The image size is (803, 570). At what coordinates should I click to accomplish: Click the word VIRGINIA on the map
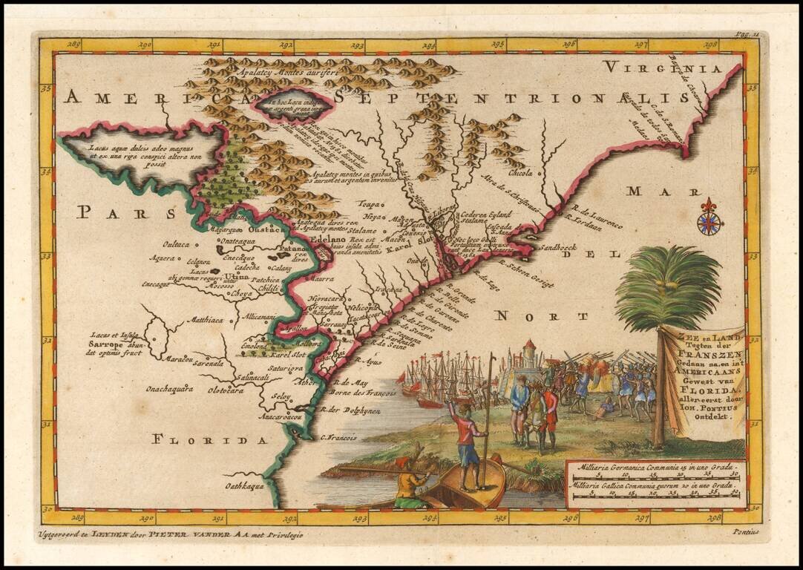pyautogui.click(x=663, y=68)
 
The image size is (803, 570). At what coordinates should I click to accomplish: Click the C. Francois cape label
pyautogui.click(x=338, y=438)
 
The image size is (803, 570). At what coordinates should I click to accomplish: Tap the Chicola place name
pyautogui.click(x=521, y=173)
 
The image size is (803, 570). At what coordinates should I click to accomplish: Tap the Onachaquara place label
pyautogui.click(x=169, y=387)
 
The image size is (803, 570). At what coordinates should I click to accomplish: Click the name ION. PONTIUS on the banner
pyautogui.click(x=709, y=407)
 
